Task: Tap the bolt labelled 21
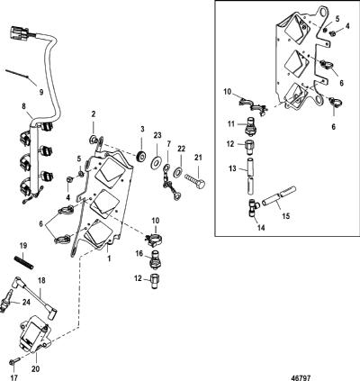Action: tap(195, 180)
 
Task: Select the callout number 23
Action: tap(157, 135)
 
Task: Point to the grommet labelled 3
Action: tap(140, 157)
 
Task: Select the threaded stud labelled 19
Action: tap(24, 262)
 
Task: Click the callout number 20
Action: tap(35, 368)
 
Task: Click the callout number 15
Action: tap(286, 215)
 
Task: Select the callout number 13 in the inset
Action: tap(232, 168)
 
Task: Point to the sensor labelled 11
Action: tap(249, 126)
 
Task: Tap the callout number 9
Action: tap(41, 92)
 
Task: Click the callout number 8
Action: tap(23, 106)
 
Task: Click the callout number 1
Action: tap(109, 258)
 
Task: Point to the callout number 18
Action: tap(41, 280)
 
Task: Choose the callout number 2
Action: tap(94, 114)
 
